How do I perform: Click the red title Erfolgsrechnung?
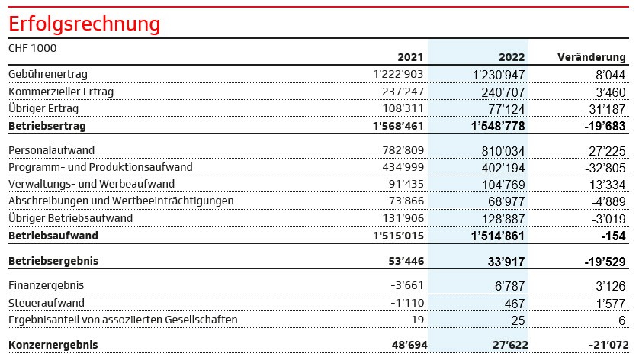click(84, 24)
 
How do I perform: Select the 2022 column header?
click(512, 57)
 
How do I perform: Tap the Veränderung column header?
click(592, 57)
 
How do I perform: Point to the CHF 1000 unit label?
click(32, 47)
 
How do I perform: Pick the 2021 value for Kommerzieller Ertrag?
click(397, 92)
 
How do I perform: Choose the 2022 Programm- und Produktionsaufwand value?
click(498, 167)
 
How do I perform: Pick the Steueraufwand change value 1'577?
click(608, 303)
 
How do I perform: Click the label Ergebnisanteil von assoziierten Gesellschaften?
click(123, 320)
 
